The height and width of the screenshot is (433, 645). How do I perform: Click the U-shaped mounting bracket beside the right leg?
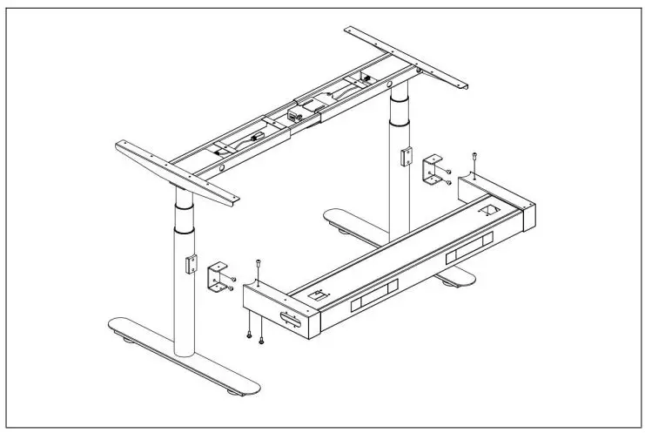tap(430, 170)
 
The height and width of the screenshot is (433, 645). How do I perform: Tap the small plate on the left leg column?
tap(188, 264)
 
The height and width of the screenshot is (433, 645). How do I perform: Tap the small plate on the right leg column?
tap(402, 158)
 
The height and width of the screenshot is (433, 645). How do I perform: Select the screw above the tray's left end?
tap(259, 265)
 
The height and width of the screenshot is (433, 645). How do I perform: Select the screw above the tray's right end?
tap(473, 158)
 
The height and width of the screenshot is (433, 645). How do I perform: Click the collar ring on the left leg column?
tap(184, 228)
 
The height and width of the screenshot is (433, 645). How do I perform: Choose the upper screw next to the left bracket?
tap(232, 278)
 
